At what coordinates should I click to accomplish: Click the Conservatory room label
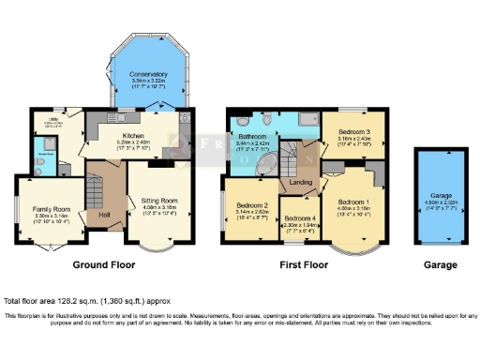[x=148, y=74]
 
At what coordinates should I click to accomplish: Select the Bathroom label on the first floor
[x=251, y=137]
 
